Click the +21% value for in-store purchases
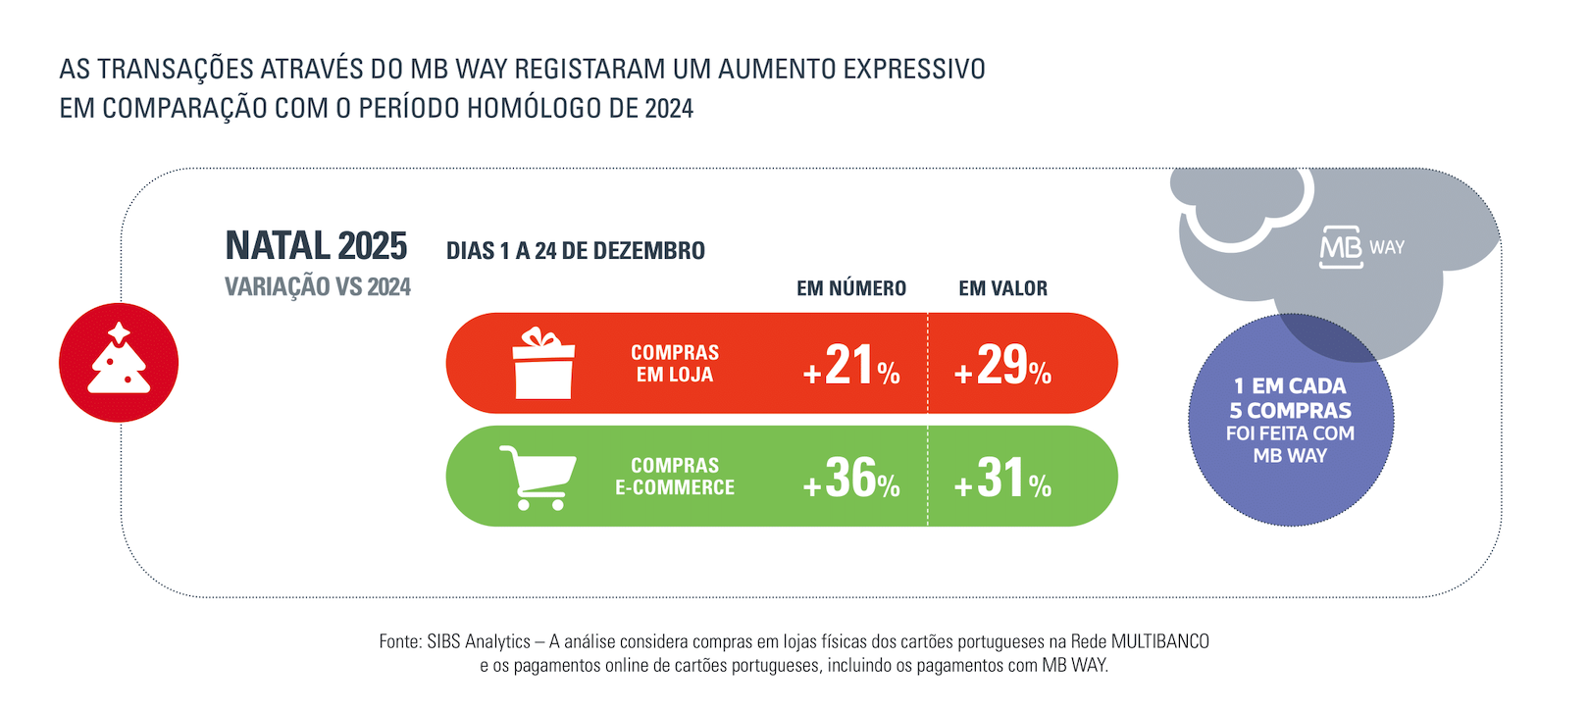tap(851, 365)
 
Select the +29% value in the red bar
tap(1002, 365)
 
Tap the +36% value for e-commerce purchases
tap(851, 478)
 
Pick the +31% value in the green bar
tap(1002, 478)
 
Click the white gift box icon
tap(543, 364)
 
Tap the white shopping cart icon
tap(537, 478)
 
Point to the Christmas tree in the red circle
tap(119, 360)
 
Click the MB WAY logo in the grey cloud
tap(1361, 247)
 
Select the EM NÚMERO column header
tap(850, 288)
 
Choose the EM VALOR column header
tap(1002, 288)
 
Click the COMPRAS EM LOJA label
tap(675, 363)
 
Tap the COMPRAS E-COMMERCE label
tap(675, 477)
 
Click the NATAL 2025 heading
tap(316, 246)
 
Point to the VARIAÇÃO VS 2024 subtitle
tap(317, 287)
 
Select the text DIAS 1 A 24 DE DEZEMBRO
tap(575, 251)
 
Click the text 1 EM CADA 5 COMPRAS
tap(1290, 398)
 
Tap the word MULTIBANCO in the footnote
tap(1159, 641)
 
